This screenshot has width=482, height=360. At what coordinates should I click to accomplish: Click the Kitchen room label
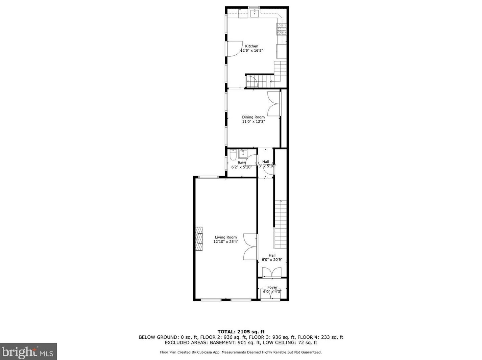click(251, 46)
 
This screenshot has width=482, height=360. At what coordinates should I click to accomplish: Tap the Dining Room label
click(253, 117)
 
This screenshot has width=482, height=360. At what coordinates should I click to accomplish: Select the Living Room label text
click(226, 237)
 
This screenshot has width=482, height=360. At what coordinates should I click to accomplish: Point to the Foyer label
click(272, 287)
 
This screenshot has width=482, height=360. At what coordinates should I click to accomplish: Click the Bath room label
click(241, 163)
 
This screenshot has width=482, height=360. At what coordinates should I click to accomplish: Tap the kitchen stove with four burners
click(282, 29)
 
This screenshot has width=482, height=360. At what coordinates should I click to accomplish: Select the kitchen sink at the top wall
click(254, 14)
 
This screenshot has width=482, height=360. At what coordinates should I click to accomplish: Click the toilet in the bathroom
click(233, 156)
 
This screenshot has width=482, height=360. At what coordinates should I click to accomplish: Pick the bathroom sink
click(243, 154)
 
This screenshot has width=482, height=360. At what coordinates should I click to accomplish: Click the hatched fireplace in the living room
click(200, 238)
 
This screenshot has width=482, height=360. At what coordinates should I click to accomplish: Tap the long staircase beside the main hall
click(281, 224)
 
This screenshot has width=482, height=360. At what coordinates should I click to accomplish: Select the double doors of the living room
click(250, 247)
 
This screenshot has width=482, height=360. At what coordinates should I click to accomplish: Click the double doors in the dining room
click(274, 104)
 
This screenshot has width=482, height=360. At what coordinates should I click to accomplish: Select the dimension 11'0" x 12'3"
click(253, 122)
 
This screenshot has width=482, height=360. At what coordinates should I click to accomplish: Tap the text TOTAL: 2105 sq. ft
click(241, 332)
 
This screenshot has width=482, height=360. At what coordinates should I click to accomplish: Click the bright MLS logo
click(28, 352)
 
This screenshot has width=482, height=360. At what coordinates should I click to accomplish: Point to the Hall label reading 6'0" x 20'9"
click(272, 260)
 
